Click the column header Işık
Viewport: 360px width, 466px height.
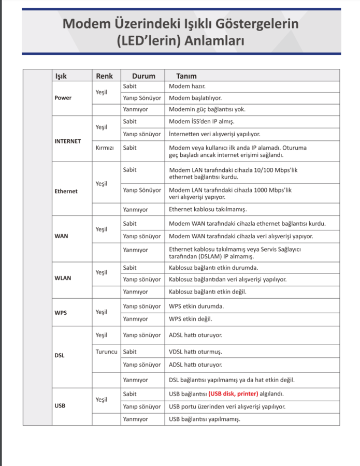(61, 76)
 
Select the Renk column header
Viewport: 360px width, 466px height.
(104, 76)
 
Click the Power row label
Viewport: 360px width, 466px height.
(63, 98)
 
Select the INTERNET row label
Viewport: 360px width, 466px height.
(67, 141)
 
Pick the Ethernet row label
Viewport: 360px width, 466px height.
(66, 191)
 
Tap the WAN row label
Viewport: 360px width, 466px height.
(61, 236)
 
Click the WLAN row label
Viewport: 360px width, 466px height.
(63, 278)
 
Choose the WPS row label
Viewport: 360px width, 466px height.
(61, 313)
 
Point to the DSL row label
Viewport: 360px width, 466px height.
(60, 356)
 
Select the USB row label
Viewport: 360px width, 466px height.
(60, 406)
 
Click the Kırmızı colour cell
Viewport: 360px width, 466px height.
(105, 148)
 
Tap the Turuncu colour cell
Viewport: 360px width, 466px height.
(107, 352)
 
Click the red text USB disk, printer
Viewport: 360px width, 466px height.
(233, 394)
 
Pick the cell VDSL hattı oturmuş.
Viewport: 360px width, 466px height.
(195, 352)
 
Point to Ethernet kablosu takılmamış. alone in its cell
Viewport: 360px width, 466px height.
(208, 210)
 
